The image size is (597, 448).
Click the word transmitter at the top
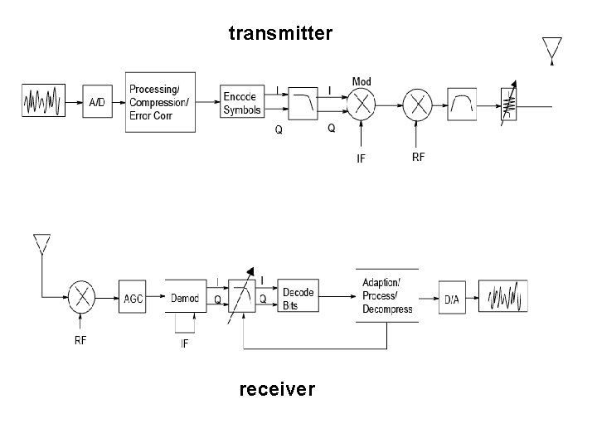click(x=280, y=33)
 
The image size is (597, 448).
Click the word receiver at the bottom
click(x=277, y=388)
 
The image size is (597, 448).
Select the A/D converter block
click(x=97, y=103)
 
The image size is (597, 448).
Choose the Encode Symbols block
click(x=242, y=103)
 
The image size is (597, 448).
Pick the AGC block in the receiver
click(x=133, y=298)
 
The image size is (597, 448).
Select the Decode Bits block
click(x=298, y=299)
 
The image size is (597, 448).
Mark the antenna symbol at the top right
click(x=551, y=49)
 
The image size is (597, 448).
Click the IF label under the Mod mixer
click(x=361, y=158)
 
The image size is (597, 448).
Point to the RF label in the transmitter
click(x=418, y=158)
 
